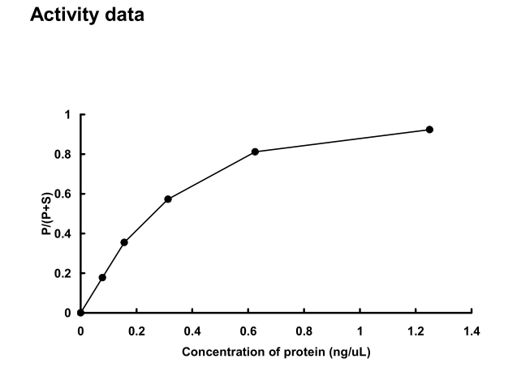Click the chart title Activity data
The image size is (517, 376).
(x=86, y=15)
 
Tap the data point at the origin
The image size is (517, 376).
(x=80, y=313)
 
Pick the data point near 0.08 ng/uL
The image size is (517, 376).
(x=102, y=277)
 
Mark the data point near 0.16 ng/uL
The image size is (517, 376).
(x=124, y=242)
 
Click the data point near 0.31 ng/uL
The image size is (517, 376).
(x=168, y=199)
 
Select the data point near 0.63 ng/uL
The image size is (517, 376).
(x=255, y=152)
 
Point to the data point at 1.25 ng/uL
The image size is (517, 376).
(x=429, y=130)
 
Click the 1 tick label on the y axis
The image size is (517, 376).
(x=68, y=115)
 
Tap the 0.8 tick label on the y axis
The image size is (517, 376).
(x=65, y=155)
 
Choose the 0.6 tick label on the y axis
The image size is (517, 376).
(x=65, y=194)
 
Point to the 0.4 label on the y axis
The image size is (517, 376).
(x=65, y=234)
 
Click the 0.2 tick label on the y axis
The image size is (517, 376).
(x=65, y=274)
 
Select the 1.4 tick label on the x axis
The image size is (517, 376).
(x=472, y=331)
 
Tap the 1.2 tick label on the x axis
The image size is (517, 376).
(x=416, y=331)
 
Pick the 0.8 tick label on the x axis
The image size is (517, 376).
(x=304, y=331)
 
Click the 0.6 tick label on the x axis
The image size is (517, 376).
(x=248, y=331)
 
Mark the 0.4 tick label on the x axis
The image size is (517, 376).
(x=192, y=331)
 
